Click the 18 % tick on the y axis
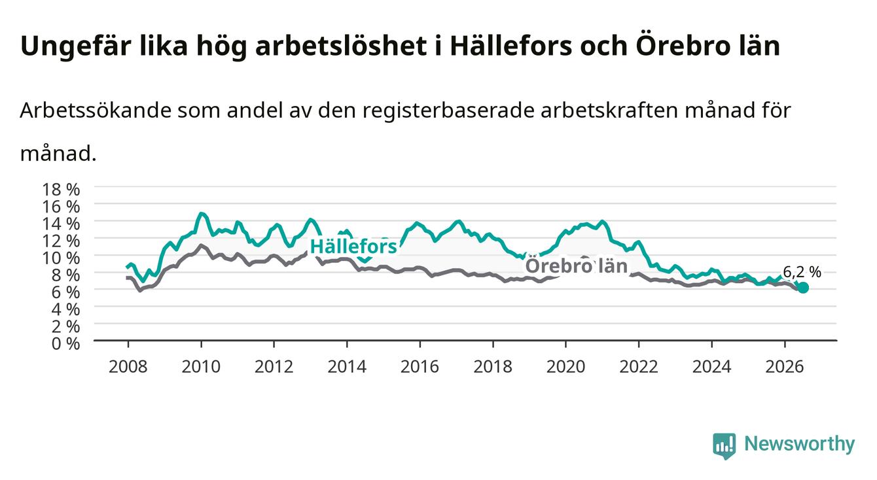61,190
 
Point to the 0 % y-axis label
65,344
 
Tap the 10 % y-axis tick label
61,258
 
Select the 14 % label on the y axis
61,224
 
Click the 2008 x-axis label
128,367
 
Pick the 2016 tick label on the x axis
420,367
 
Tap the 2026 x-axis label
785,367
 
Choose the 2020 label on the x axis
565,367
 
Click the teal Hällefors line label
353,247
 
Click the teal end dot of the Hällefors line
803,288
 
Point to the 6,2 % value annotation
802,272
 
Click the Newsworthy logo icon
725,446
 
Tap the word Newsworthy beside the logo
800,444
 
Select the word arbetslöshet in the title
341,46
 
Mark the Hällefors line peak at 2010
201,214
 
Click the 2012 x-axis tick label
274,367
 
